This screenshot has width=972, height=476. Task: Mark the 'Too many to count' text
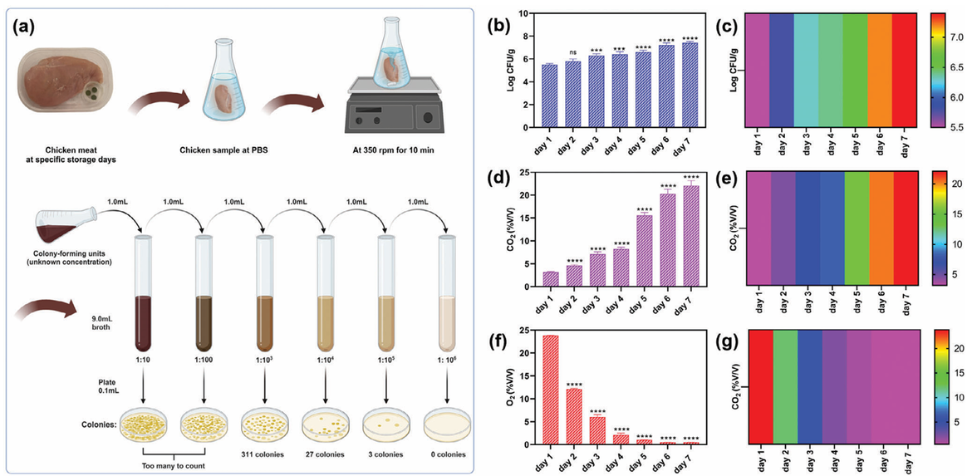pyautogui.click(x=175, y=467)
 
